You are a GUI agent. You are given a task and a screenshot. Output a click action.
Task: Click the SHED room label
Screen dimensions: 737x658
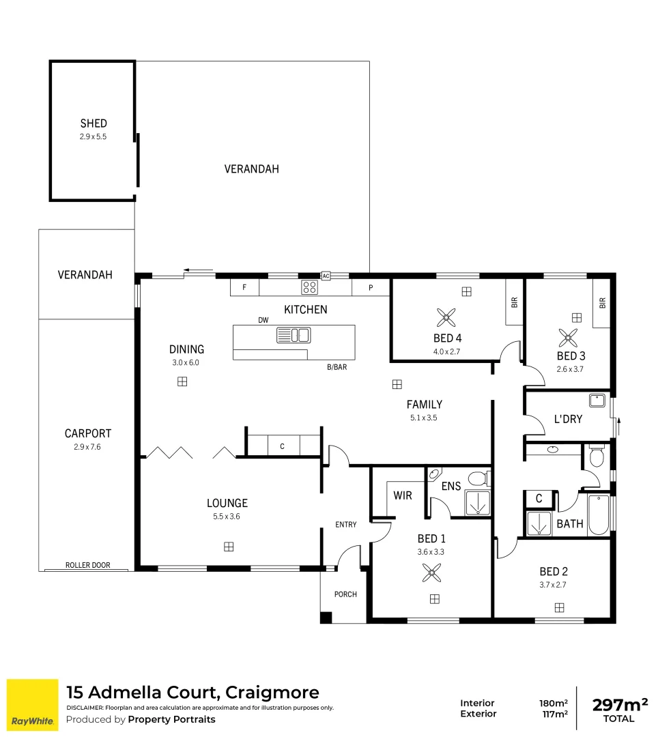click(94, 124)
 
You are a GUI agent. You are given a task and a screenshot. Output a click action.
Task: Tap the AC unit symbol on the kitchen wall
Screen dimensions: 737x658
click(326, 276)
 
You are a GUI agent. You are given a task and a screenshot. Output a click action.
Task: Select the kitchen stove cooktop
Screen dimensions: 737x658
click(309, 287)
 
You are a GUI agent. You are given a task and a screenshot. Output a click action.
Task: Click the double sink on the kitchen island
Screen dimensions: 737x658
click(294, 335)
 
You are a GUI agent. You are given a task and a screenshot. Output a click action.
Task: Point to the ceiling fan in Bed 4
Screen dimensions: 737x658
click(446, 317)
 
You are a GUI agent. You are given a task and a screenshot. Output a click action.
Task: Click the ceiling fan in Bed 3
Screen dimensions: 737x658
click(567, 336)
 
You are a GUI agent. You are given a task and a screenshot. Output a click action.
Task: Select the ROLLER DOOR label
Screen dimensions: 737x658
click(87, 565)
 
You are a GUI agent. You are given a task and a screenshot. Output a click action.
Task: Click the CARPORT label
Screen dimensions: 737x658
click(87, 433)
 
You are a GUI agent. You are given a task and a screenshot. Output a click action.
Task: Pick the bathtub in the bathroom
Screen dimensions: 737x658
click(599, 515)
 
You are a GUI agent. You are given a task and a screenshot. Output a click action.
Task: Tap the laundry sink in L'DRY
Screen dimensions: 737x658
click(598, 401)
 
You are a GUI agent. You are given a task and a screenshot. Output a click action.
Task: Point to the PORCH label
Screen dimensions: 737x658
click(345, 594)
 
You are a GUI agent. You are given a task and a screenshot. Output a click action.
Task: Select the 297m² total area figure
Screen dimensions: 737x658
click(619, 704)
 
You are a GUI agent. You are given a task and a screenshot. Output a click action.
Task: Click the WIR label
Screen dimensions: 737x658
click(403, 495)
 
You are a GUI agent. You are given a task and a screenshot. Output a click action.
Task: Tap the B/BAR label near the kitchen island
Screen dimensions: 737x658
click(337, 367)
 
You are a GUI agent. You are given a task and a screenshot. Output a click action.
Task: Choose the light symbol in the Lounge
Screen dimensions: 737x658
click(229, 546)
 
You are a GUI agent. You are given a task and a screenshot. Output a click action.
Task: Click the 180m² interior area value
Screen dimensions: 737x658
click(554, 703)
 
